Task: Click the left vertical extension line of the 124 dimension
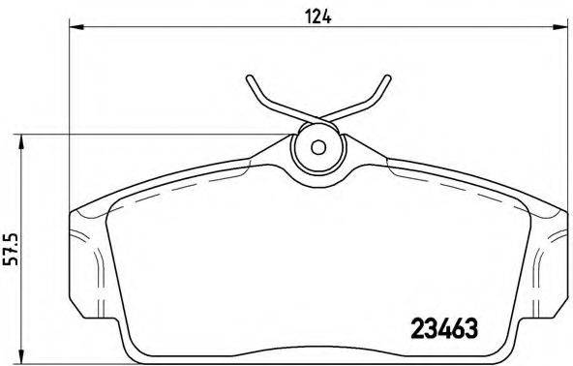point(71,116)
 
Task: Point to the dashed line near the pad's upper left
point(136,203)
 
